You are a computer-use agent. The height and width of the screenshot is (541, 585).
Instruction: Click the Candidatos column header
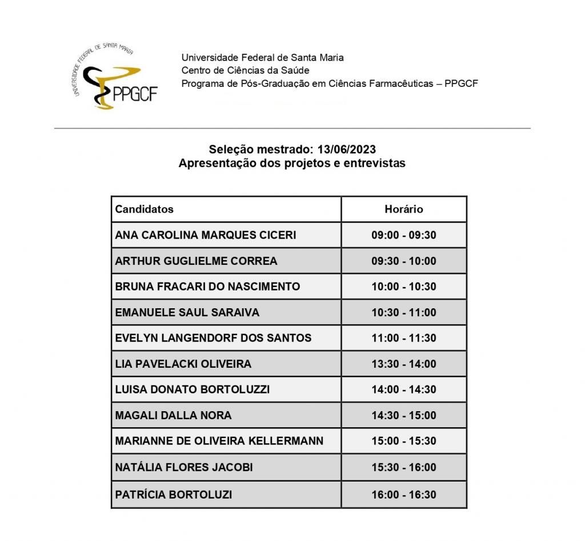pos(145,209)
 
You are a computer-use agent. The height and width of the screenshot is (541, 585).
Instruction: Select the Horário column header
pos(403,209)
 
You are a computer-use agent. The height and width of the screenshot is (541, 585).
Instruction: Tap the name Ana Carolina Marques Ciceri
pos(206,235)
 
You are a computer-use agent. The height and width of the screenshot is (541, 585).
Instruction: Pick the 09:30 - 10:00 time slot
pos(403,261)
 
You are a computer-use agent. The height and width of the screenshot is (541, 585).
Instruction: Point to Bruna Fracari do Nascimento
pos(207,287)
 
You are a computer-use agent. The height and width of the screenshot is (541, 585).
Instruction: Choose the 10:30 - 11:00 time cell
pos(403,312)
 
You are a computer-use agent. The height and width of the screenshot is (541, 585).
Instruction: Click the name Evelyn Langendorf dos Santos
pos(213,338)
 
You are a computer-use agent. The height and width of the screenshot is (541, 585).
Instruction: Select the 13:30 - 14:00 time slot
pos(403,364)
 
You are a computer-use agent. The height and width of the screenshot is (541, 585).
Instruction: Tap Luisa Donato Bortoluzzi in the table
pos(193,389)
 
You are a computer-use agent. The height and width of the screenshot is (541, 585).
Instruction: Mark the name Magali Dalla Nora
pos(173,415)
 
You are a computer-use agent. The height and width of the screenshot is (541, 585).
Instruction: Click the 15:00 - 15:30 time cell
pos(403,441)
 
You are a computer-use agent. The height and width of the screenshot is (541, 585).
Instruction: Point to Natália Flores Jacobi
pos(184,467)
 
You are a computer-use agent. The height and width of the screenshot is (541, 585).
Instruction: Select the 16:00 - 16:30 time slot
pos(403,495)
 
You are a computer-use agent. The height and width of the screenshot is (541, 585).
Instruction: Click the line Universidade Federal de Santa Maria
pos(262,57)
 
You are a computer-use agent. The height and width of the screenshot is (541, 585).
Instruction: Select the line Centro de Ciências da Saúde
pos(245,70)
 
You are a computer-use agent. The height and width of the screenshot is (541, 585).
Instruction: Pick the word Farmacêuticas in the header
pos(393,83)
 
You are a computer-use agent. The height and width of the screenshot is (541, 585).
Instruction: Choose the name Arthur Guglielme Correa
pos(196,261)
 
